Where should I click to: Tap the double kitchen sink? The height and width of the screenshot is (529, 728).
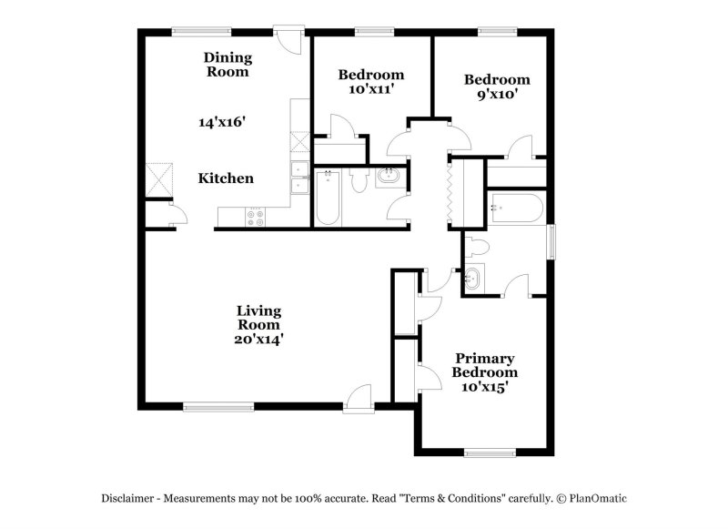[298, 178]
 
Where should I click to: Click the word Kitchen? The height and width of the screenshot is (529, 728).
[226, 178]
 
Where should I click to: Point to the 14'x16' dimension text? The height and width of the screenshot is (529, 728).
[223, 121]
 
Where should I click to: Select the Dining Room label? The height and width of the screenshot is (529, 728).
[227, 65]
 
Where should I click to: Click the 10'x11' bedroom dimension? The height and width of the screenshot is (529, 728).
[370, 89]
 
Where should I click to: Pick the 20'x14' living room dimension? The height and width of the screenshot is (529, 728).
[258, 339]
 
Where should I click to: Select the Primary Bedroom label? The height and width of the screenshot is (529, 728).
[486, 365]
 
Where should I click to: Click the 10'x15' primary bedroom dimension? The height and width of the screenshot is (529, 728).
[485, 386]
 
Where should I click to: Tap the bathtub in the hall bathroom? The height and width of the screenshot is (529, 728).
[329, 196]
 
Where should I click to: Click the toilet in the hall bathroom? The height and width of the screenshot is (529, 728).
[359, 180]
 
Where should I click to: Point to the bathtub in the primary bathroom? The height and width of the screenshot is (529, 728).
[515, 209]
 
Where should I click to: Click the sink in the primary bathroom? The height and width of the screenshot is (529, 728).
[474, 279]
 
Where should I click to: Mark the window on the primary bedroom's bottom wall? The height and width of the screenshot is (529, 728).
[490, 452]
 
